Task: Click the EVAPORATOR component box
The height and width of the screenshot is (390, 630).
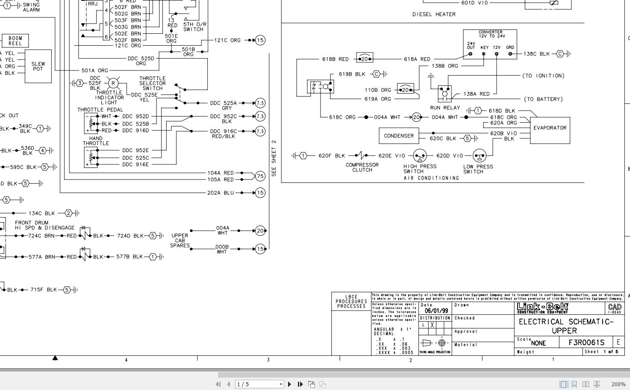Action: [550, 128]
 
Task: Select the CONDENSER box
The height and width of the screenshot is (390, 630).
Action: [399, 136]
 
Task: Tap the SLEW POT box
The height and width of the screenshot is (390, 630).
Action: [38, 66]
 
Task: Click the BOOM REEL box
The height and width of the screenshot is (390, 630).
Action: [15, 41]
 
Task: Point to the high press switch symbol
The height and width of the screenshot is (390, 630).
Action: [420, 156]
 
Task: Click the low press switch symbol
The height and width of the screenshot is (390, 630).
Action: [479, 156]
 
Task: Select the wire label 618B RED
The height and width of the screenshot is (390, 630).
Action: [335, 59]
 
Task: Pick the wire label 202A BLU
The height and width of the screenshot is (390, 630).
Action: [221, 193]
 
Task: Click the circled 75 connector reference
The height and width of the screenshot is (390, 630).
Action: [260, 176]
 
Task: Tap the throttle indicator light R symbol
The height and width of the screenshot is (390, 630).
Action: [113, 83]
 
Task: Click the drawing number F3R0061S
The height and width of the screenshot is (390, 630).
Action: [586, 343]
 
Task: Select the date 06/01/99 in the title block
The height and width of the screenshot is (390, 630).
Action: [436, 311]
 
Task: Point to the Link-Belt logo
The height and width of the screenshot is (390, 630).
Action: [542, 308]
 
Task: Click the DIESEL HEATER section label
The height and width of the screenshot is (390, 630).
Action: [434, 15]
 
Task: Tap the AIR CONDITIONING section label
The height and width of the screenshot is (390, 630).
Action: [431, 178]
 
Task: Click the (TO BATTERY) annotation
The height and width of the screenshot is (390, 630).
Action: [543, 99]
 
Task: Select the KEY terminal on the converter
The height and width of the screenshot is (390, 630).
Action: [484, 54]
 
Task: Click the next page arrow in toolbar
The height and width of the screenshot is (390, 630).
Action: [289, 384]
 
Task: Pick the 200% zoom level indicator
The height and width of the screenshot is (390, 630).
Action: [618, 384]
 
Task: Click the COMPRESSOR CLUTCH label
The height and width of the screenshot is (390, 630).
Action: [362, 167]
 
